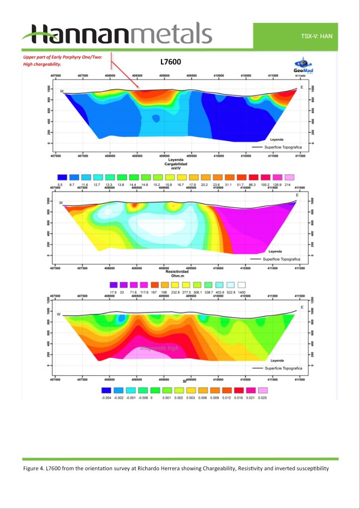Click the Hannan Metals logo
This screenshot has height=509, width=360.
[x=117, y=34]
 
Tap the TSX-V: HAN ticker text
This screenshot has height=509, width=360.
[x=316, y=36]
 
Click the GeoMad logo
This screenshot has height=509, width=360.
[x=303, y=66]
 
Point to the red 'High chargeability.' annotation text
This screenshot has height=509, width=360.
[x=42, y=64]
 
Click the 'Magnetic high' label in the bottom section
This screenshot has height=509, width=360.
[x=159, y=348]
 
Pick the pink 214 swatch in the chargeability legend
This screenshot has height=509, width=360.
[x=289, y=177]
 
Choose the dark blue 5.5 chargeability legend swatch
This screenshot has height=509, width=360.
[x=62, y=177]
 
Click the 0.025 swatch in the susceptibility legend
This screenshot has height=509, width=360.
[x=263, y=390]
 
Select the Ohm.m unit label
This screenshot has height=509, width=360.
[x=179, y=277]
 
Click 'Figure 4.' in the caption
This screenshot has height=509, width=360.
[x=33, y=469]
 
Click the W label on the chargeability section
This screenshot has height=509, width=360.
[x=62, y=91]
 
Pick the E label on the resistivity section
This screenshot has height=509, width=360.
[x=297, y=195]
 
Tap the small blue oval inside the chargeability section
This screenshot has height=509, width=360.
[x=156, y=118]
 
